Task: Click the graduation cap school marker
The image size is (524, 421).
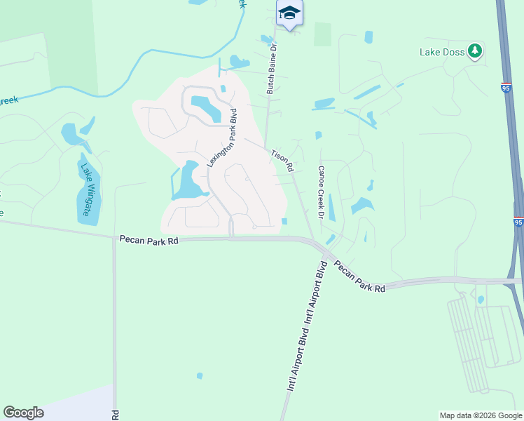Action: (289, 13)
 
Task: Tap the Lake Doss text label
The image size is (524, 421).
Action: (443, 51)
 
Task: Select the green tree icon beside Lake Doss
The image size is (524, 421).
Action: (476, 51)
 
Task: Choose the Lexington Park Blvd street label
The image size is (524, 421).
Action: (222, 136)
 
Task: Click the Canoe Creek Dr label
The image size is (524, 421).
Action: (322, 192)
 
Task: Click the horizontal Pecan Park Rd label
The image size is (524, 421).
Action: (149, 240)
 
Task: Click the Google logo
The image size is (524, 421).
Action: (23, 413)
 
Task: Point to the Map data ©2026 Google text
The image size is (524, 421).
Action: (481, 415)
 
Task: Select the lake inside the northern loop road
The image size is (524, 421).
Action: (205, 107)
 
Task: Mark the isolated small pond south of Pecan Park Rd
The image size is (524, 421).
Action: (200, 376)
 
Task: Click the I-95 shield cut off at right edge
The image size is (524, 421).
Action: (518, 222)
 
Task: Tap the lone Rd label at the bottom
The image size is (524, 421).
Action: (115, 415)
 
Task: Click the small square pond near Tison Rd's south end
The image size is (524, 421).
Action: (284, 222)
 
